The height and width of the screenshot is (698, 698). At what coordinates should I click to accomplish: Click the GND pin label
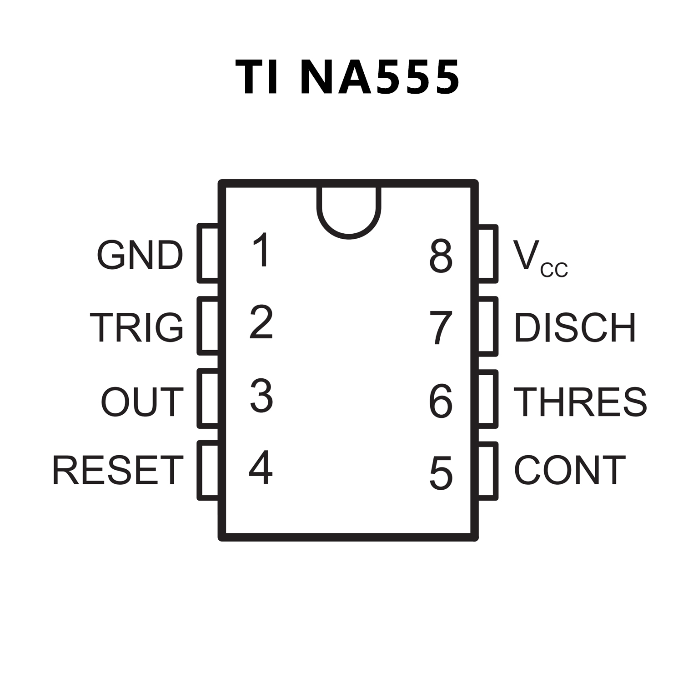click(x=140, y=255)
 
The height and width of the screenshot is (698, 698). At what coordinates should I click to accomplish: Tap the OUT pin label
click(x=142, y=402)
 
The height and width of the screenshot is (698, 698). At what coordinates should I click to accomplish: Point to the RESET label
click(x=118, y=470)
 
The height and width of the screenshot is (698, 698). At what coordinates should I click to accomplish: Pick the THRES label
click(x=580, y=402)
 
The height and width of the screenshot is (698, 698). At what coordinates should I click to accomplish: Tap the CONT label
click(x=570, y=470)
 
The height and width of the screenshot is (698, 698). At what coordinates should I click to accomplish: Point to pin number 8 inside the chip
click(x=441, y=257)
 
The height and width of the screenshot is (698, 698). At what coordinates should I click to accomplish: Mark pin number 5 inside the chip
click(x=441, y=473)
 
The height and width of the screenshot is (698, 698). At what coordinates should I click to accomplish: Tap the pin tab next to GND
click(x=208, y=253)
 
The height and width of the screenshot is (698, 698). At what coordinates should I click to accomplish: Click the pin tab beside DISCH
click(x=487, y=326)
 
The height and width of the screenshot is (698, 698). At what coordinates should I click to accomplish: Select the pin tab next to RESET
click(x=208, y=471)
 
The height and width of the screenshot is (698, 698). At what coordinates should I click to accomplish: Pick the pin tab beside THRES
click(x=487, y=399)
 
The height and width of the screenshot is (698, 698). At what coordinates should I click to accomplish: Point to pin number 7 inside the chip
click(x=441, y=327)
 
